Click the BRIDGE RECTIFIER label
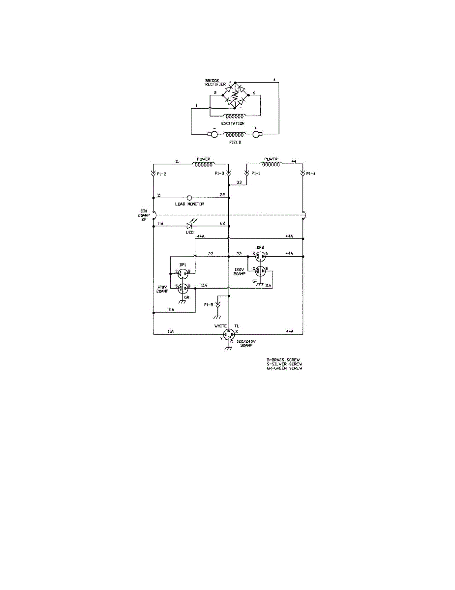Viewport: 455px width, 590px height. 215,82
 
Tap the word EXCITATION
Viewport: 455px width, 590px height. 233,123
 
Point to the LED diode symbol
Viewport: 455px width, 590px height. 189,226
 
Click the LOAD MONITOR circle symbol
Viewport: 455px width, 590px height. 189,198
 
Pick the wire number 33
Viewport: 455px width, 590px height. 239,182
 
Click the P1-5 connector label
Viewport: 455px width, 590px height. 209,305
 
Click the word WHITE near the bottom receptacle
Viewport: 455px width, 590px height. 220,326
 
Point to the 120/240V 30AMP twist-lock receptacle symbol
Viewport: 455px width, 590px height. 228,334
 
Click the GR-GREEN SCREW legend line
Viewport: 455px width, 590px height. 284,368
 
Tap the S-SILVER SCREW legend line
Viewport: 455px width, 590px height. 284,364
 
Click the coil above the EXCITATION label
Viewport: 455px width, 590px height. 233,116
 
